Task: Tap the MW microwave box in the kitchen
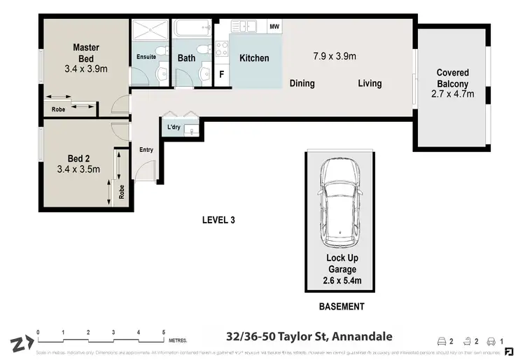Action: coord(275,27)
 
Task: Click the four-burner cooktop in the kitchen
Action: coord(222,48)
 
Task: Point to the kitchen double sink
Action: coord(244,27)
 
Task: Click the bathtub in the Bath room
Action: coord(190,30)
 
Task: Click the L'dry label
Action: coord(174,127)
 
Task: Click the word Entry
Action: coord(146,149)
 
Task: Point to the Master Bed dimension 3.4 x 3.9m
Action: coord(86,69)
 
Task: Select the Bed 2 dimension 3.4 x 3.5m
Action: coord(78,169)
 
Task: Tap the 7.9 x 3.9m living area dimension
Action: coord(335,56)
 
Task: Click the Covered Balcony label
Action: coord(452,78)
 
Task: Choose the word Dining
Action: coord(302,83)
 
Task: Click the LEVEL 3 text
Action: coord(218,220)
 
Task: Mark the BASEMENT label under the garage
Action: coord(342,307)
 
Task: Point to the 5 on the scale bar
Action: coord(164,332)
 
